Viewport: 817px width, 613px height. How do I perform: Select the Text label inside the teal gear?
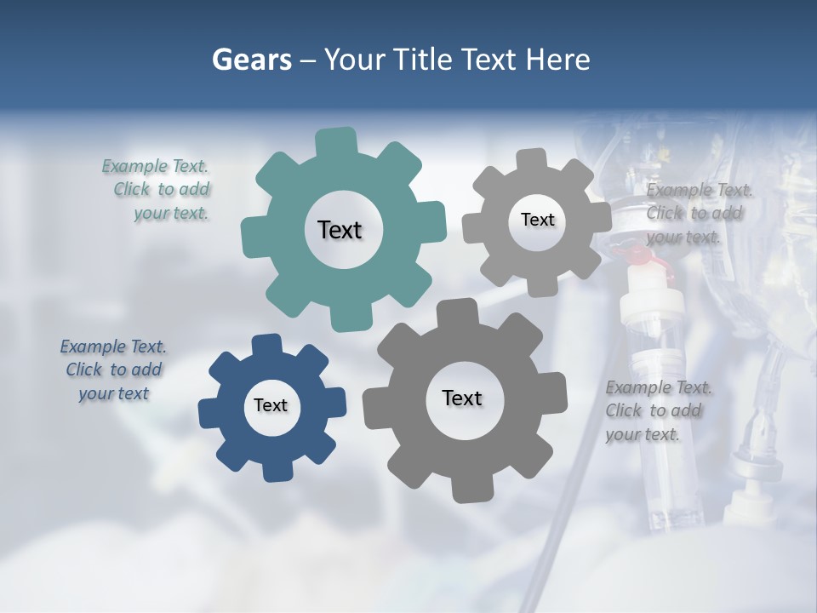pos(340,230)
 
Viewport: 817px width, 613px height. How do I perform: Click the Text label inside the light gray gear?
pos(537,220)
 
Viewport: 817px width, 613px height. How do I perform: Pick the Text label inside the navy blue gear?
pos(271,405)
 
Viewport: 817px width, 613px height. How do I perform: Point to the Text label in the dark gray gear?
pos(462,398)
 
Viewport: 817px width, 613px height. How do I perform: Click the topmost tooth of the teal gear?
pos(336,141)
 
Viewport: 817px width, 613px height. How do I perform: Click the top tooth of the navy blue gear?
pos(266,344)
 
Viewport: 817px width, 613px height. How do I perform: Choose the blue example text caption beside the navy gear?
pos(113,370)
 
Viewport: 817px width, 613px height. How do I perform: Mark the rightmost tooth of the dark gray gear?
pos(555,393)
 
